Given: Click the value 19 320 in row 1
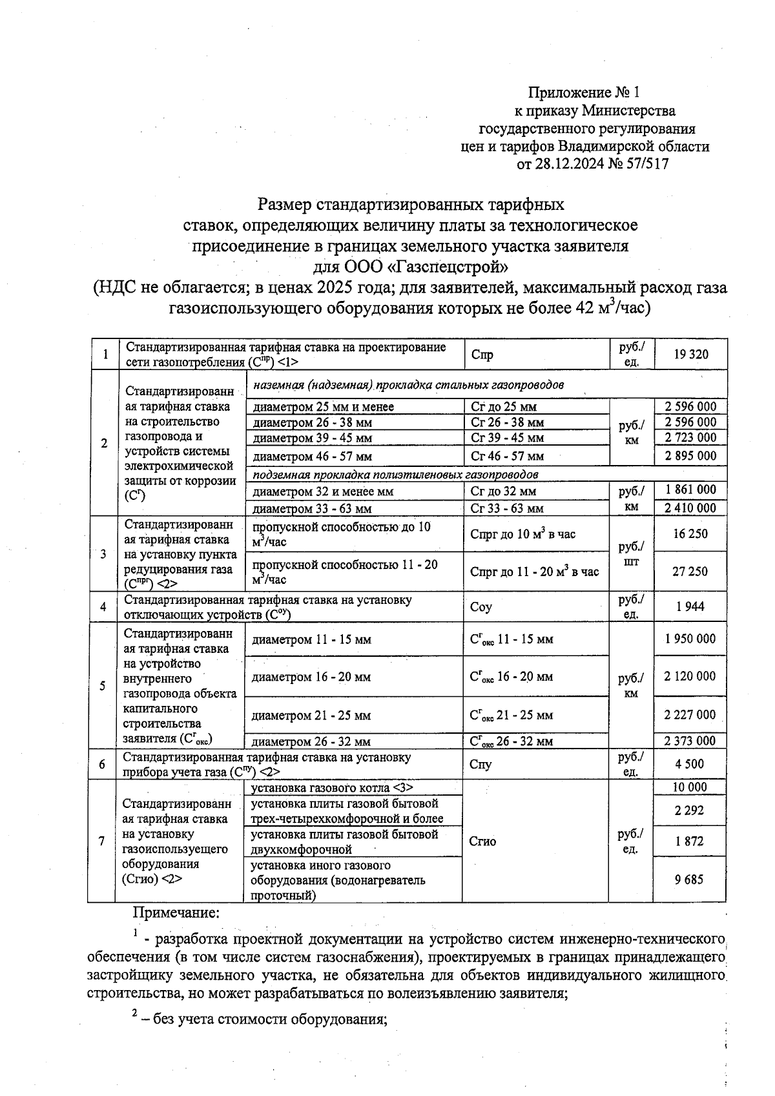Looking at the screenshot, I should click(690, 354).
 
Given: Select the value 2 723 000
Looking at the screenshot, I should click(690, 437).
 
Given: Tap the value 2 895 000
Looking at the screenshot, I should click(690, 456).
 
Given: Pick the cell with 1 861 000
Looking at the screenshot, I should click(690, 490).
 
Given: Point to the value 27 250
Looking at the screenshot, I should click(690, 572).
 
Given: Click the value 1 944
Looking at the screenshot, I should click(690, 606).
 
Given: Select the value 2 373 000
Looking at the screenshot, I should click(690, 741).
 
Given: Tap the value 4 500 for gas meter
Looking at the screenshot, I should click(690, 764).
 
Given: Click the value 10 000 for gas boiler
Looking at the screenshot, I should click(690, 787).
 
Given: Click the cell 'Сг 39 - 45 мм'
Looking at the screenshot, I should click(508, 438).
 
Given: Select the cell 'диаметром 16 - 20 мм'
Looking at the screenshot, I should click(311, 677).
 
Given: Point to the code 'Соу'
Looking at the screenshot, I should click(482, 607).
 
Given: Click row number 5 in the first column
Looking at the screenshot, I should click(102, 685).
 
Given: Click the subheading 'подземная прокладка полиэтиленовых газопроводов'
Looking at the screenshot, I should click(396, 475).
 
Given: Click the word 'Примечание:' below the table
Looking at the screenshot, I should click(176, 913).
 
